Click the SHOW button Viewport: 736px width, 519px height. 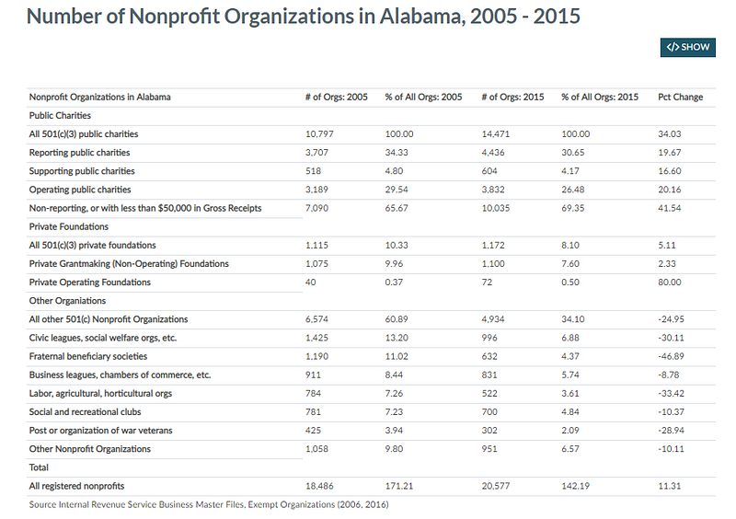click(x=687, y=48)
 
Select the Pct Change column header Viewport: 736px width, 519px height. click(x=680, y=98)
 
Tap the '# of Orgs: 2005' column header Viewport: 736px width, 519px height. click(x=336, y=98)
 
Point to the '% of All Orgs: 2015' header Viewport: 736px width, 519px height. click(x=600, y=98)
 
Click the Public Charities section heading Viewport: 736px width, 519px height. click(x=60, y=116)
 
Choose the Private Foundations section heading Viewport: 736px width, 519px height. click(x=68, y=227)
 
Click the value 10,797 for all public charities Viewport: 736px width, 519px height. click(x=319, y=134)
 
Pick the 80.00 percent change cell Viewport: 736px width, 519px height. click(x=670, y=283)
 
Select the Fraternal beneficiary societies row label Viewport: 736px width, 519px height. click(x=87, y=356)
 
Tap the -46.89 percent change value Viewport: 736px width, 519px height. click(x=671, y=356)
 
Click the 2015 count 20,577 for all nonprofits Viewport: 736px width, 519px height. click(x=495, y=486)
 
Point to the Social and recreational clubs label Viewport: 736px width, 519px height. click(x=85, y=412)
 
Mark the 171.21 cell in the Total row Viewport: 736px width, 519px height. click(x=399, y=486)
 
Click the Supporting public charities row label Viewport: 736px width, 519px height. click(x=82, y=171)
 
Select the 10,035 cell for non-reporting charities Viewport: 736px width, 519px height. click(x=495, y=208)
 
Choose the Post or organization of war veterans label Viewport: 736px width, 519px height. click(x=100, y=431)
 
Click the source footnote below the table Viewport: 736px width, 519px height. click(x=209, y=505)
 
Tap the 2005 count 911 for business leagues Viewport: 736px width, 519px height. click(x=313, y=375)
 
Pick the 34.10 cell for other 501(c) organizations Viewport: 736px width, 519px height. click(x=572, y=319)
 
